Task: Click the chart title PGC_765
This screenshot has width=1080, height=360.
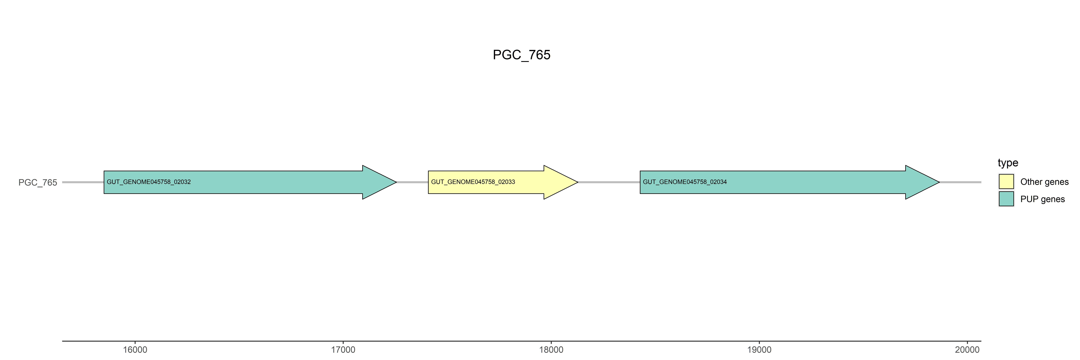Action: (x=521, y=55)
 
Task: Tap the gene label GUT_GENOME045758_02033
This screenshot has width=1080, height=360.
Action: (x=473, y=182)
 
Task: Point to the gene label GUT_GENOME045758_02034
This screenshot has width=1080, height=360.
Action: (x=685, y=182)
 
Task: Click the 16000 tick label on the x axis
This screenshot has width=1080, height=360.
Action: (x=135, y=350)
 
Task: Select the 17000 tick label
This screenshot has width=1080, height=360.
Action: (x=343, y=350)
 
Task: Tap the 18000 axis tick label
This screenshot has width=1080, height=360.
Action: (x=551, y=350)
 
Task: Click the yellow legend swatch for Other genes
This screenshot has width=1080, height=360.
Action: (x=1006, y=181)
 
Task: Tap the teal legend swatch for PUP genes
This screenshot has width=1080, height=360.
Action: (x=1006, y=199)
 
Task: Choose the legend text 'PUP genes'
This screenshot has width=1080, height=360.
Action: (x=1042, y=199)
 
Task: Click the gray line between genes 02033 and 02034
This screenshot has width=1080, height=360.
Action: (x=609, y=182)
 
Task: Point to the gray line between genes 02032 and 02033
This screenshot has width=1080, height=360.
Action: (x=412, y=182)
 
